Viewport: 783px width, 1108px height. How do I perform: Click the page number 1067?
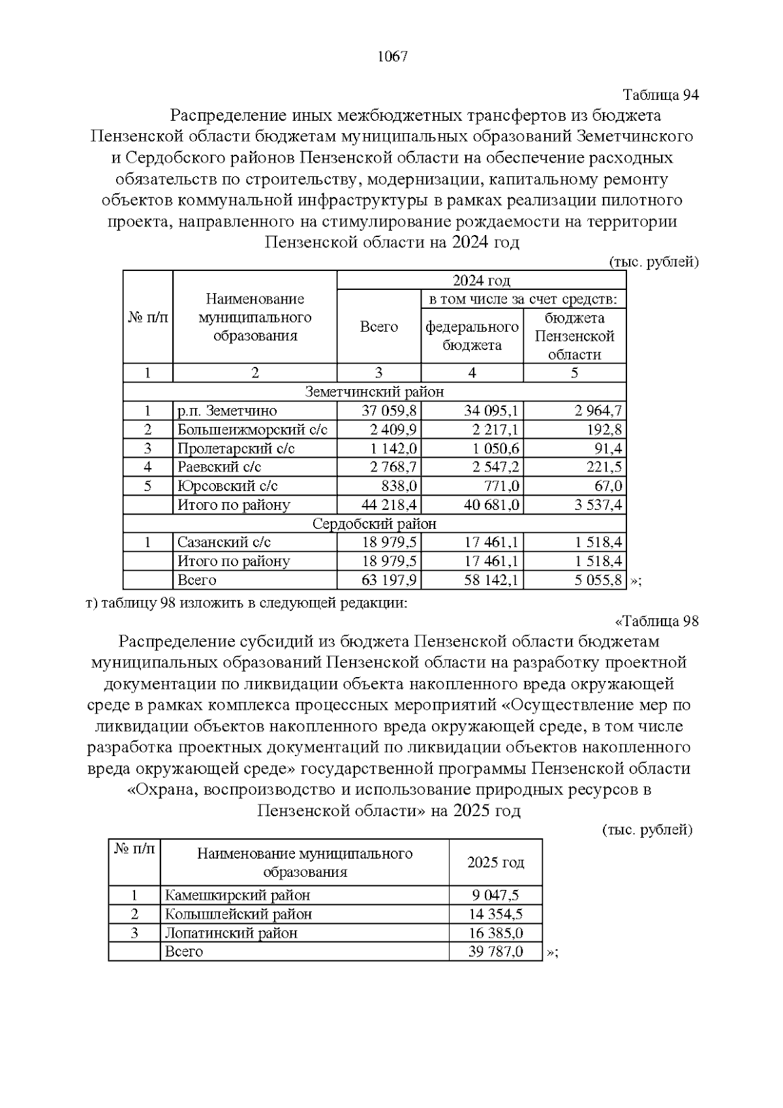tap(392, 56)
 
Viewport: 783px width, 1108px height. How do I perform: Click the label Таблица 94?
tap(661, 95)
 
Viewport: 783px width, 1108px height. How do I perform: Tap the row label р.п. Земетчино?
tap(227, 411)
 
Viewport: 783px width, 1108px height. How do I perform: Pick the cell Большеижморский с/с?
tap(252, 430)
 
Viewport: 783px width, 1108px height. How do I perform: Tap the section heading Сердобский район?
tap(375, 524)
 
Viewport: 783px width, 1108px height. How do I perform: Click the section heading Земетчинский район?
tap(375, 392)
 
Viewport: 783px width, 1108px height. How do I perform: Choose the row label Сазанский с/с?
tap(224, 543)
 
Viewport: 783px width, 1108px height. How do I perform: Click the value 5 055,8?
tap(598, 580)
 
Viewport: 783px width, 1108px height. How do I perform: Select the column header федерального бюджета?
tap(472, 336)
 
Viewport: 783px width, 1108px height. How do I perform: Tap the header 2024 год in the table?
tap(481, 281)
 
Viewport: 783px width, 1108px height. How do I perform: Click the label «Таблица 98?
tap(656, 621)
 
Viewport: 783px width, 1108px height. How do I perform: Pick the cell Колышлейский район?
tap(238, 914)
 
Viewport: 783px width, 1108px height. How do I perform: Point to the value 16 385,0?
tap(496, 933)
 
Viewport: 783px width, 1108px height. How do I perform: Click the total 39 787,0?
tap(496, 951)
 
